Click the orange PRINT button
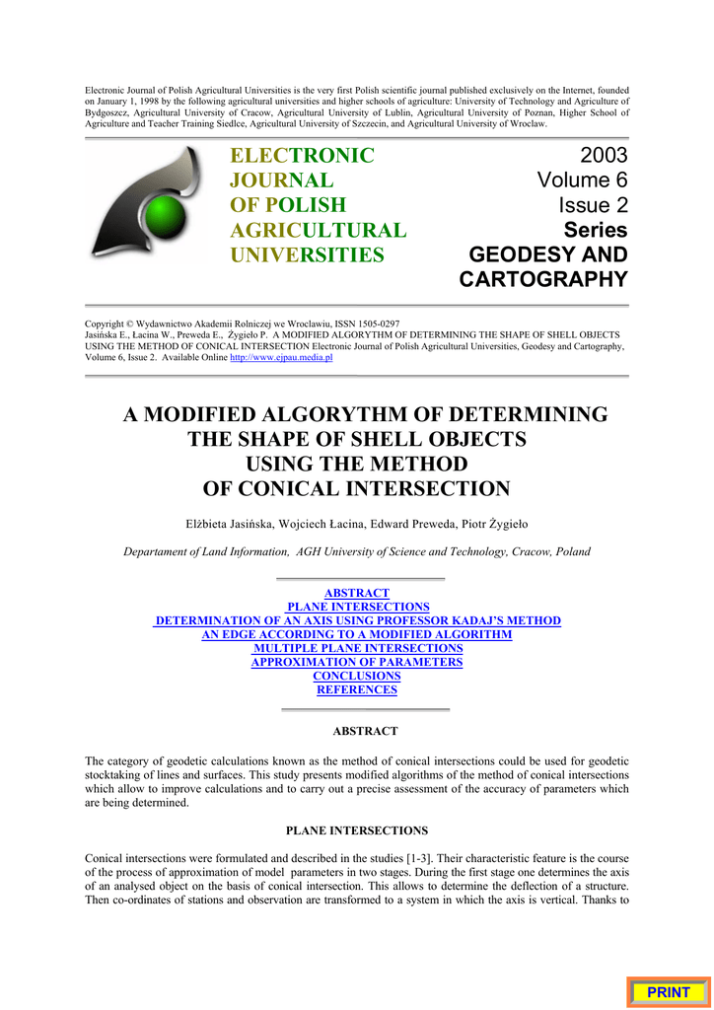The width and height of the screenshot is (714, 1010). [669, 992]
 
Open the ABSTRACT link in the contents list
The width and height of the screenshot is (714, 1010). [357, 593]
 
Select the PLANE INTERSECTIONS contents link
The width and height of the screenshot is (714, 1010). [358, 607]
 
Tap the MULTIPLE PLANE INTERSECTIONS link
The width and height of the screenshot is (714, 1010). [358, 648]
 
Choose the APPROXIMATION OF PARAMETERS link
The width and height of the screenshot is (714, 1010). [357, 662]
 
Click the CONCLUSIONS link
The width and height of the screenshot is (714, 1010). [357, 676]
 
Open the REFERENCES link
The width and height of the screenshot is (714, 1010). [357, 689]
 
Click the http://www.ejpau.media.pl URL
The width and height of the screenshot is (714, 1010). [281, 358]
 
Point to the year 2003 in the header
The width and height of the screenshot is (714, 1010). [604, 156]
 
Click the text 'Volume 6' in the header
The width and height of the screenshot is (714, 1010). [582, 180]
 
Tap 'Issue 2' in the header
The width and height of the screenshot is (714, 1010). [593, 205]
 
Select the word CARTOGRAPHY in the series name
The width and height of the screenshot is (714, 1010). [543, 279]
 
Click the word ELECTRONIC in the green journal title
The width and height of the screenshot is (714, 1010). [302, 156]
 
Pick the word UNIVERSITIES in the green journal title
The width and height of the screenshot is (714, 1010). [307, 255]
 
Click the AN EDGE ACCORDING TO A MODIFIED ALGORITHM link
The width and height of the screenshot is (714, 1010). [357, 634]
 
